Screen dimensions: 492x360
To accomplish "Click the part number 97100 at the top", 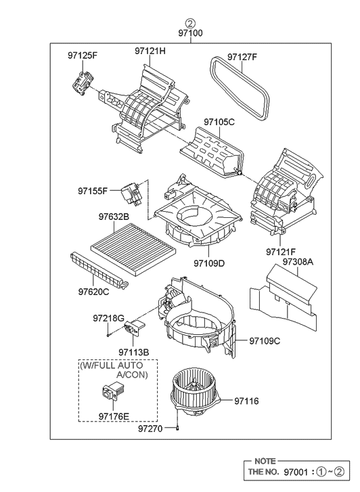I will click(x=190, y=32).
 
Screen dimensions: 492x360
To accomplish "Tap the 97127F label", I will click(x=242, y=57).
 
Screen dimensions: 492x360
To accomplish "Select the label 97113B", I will click(x=133, y=352).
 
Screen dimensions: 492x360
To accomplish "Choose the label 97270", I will click(x=150, y=428).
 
